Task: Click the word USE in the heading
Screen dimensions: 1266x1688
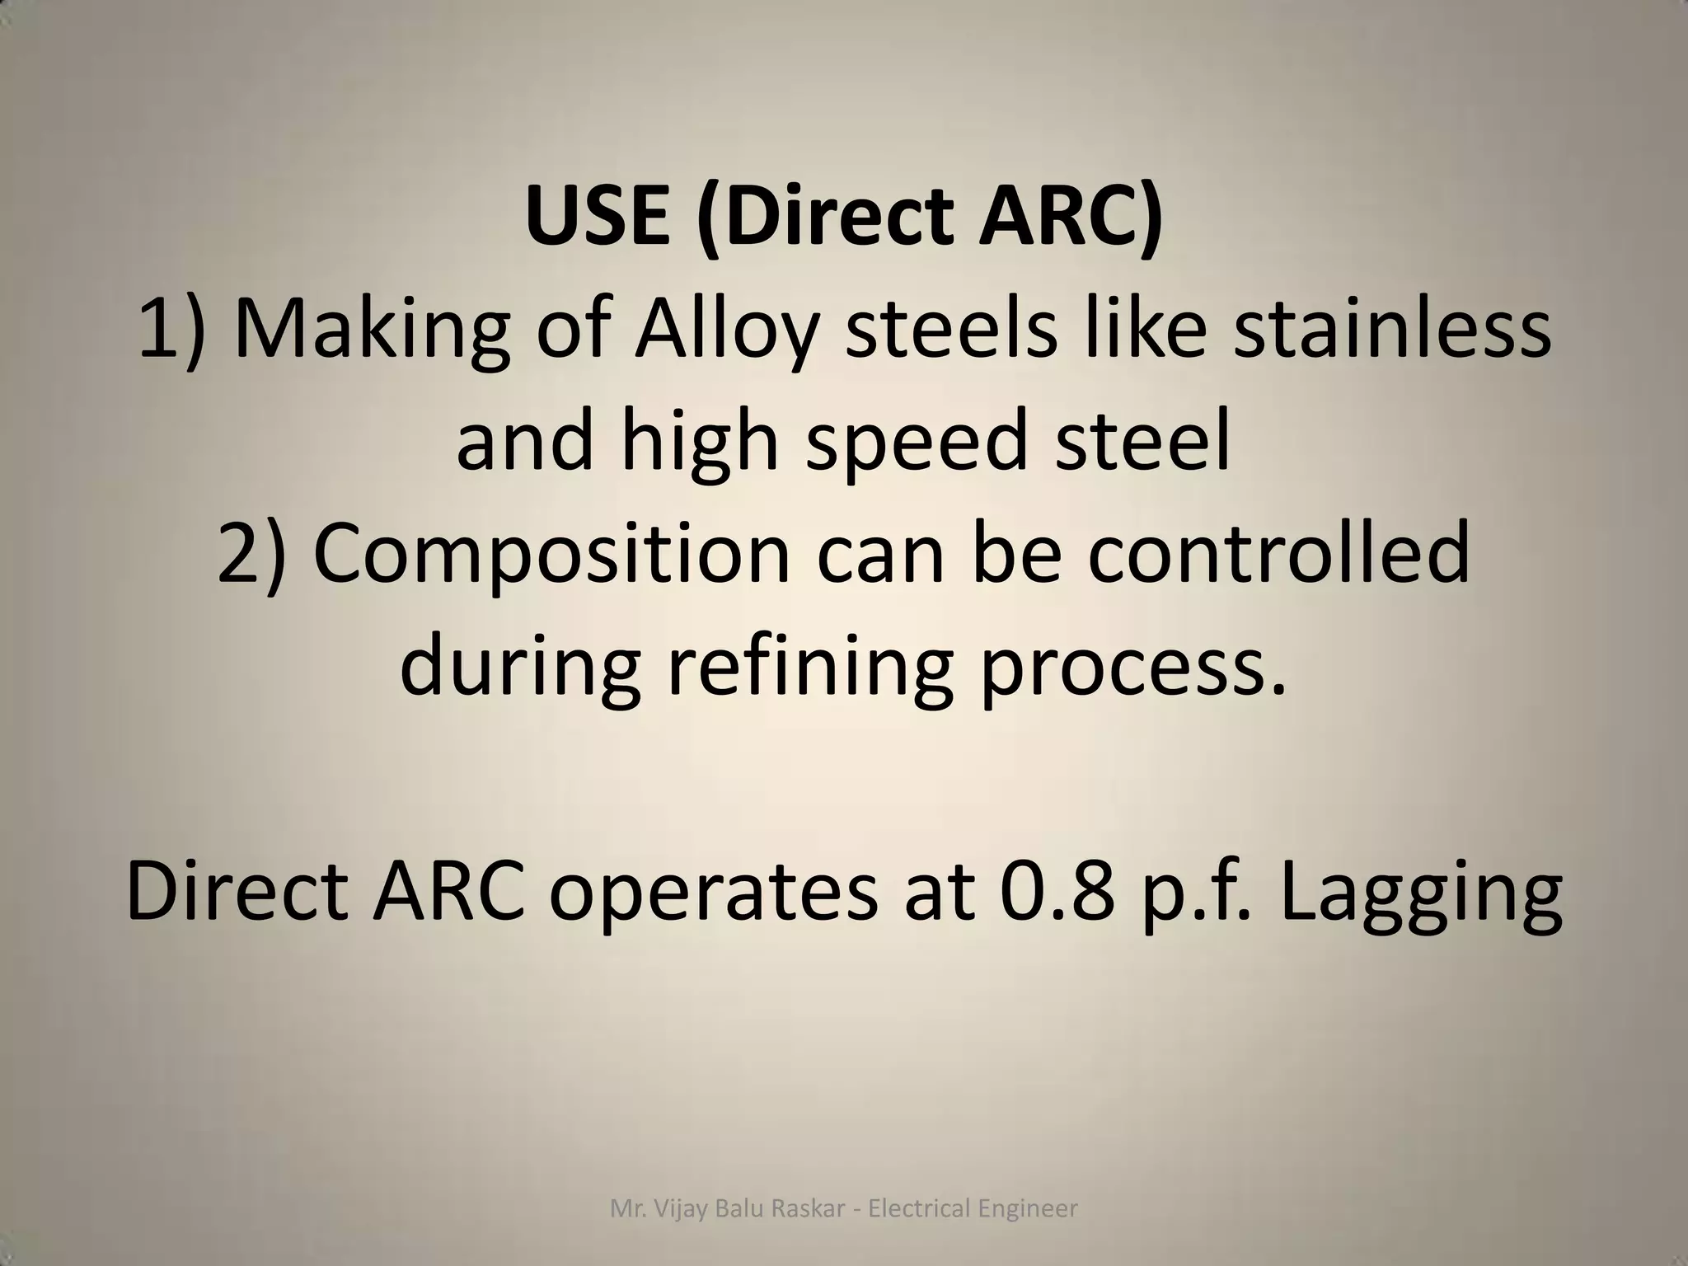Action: pyautogui.click(x=598, y=216)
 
